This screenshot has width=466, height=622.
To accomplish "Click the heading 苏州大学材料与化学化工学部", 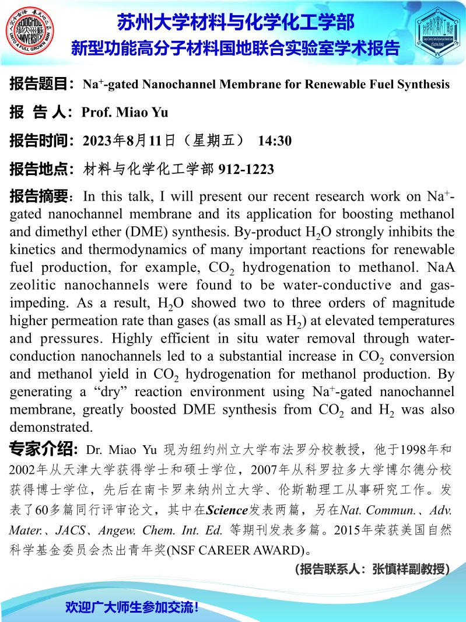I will [x=235, y=23].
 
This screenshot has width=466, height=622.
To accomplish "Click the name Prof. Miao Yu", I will [x=125, y=112].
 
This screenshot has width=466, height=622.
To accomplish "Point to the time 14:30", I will [x=275, y=141].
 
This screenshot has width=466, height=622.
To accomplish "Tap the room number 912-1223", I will [x=246, y=169].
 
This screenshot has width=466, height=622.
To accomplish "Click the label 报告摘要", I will [x=39, y=195].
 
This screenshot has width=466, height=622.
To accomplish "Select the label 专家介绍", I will [x=44, y=450].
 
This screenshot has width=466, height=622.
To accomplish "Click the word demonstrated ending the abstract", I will [x=51, y=426].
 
